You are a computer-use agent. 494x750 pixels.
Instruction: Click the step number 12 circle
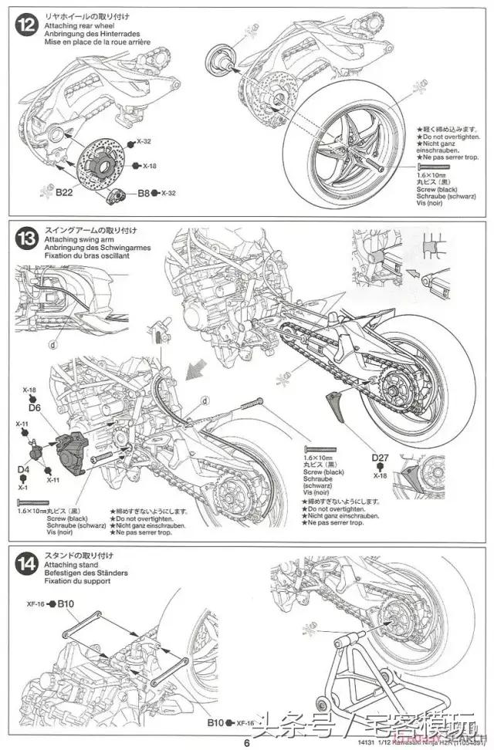27,25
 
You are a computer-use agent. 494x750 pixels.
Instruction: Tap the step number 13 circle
27,239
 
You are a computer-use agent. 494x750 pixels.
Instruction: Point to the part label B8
144,193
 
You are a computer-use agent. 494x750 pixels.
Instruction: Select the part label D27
380,458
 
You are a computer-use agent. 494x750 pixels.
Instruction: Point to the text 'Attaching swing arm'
73,240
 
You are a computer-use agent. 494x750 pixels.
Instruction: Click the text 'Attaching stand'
66,564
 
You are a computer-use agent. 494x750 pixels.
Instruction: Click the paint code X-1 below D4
22,487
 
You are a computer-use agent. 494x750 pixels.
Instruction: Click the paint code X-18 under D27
380,476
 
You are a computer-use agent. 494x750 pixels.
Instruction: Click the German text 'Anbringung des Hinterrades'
86,34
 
